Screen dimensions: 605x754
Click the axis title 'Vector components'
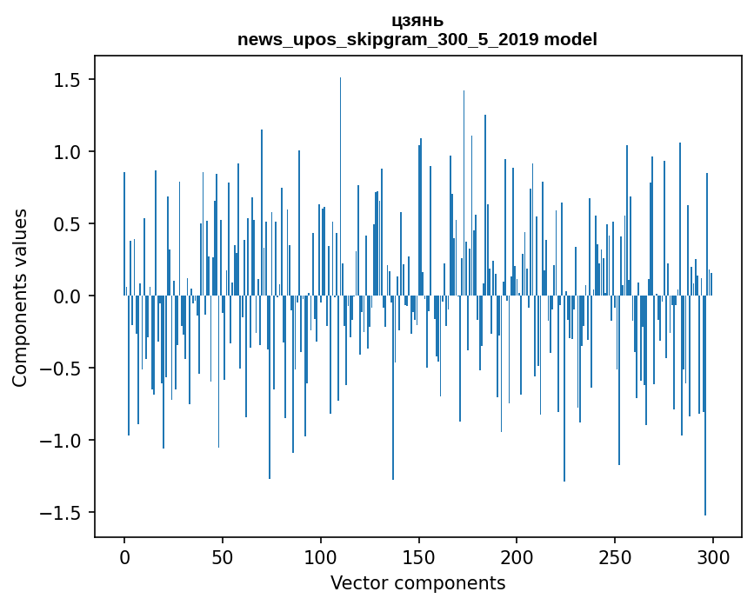coord(417,582)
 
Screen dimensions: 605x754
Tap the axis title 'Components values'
coord(20,297)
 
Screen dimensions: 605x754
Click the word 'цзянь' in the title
coord(417,21)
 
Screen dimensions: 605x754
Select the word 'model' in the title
coord(571,39)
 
